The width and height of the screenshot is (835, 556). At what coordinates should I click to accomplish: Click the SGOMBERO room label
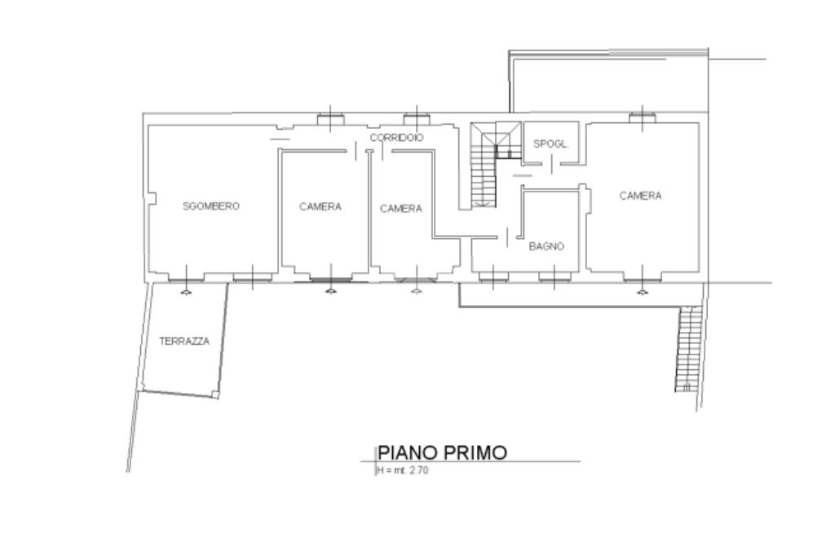(211, 206)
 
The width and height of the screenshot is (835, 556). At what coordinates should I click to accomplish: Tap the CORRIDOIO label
(397, 138)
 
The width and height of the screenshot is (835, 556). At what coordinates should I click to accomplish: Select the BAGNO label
(546, 246)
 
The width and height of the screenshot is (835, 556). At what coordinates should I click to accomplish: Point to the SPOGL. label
(551, 143)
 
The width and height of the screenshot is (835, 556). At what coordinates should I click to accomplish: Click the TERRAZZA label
(184, 342)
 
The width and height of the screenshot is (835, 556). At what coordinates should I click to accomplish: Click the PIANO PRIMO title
(442, 452)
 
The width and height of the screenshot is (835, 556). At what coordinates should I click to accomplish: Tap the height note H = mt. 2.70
(403, 470)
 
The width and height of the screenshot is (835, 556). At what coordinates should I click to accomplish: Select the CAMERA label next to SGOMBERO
(320, 206)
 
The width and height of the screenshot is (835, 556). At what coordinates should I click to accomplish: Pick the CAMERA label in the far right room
(640, 196)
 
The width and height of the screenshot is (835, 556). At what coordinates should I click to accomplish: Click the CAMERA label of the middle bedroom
(401, 209)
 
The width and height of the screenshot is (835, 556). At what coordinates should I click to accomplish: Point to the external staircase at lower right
(688, 349)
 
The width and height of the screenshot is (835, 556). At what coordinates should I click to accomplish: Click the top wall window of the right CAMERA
(643, 117)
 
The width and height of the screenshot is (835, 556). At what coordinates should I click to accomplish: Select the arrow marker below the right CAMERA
(643, 291)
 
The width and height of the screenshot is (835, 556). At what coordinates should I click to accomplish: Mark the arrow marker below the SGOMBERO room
(185, 291)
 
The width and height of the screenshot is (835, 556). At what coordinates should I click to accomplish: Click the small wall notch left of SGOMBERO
(152, 198)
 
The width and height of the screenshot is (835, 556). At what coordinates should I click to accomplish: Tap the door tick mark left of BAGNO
(507, 237)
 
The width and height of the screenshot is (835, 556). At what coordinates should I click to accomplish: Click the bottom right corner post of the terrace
(215, 395)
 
